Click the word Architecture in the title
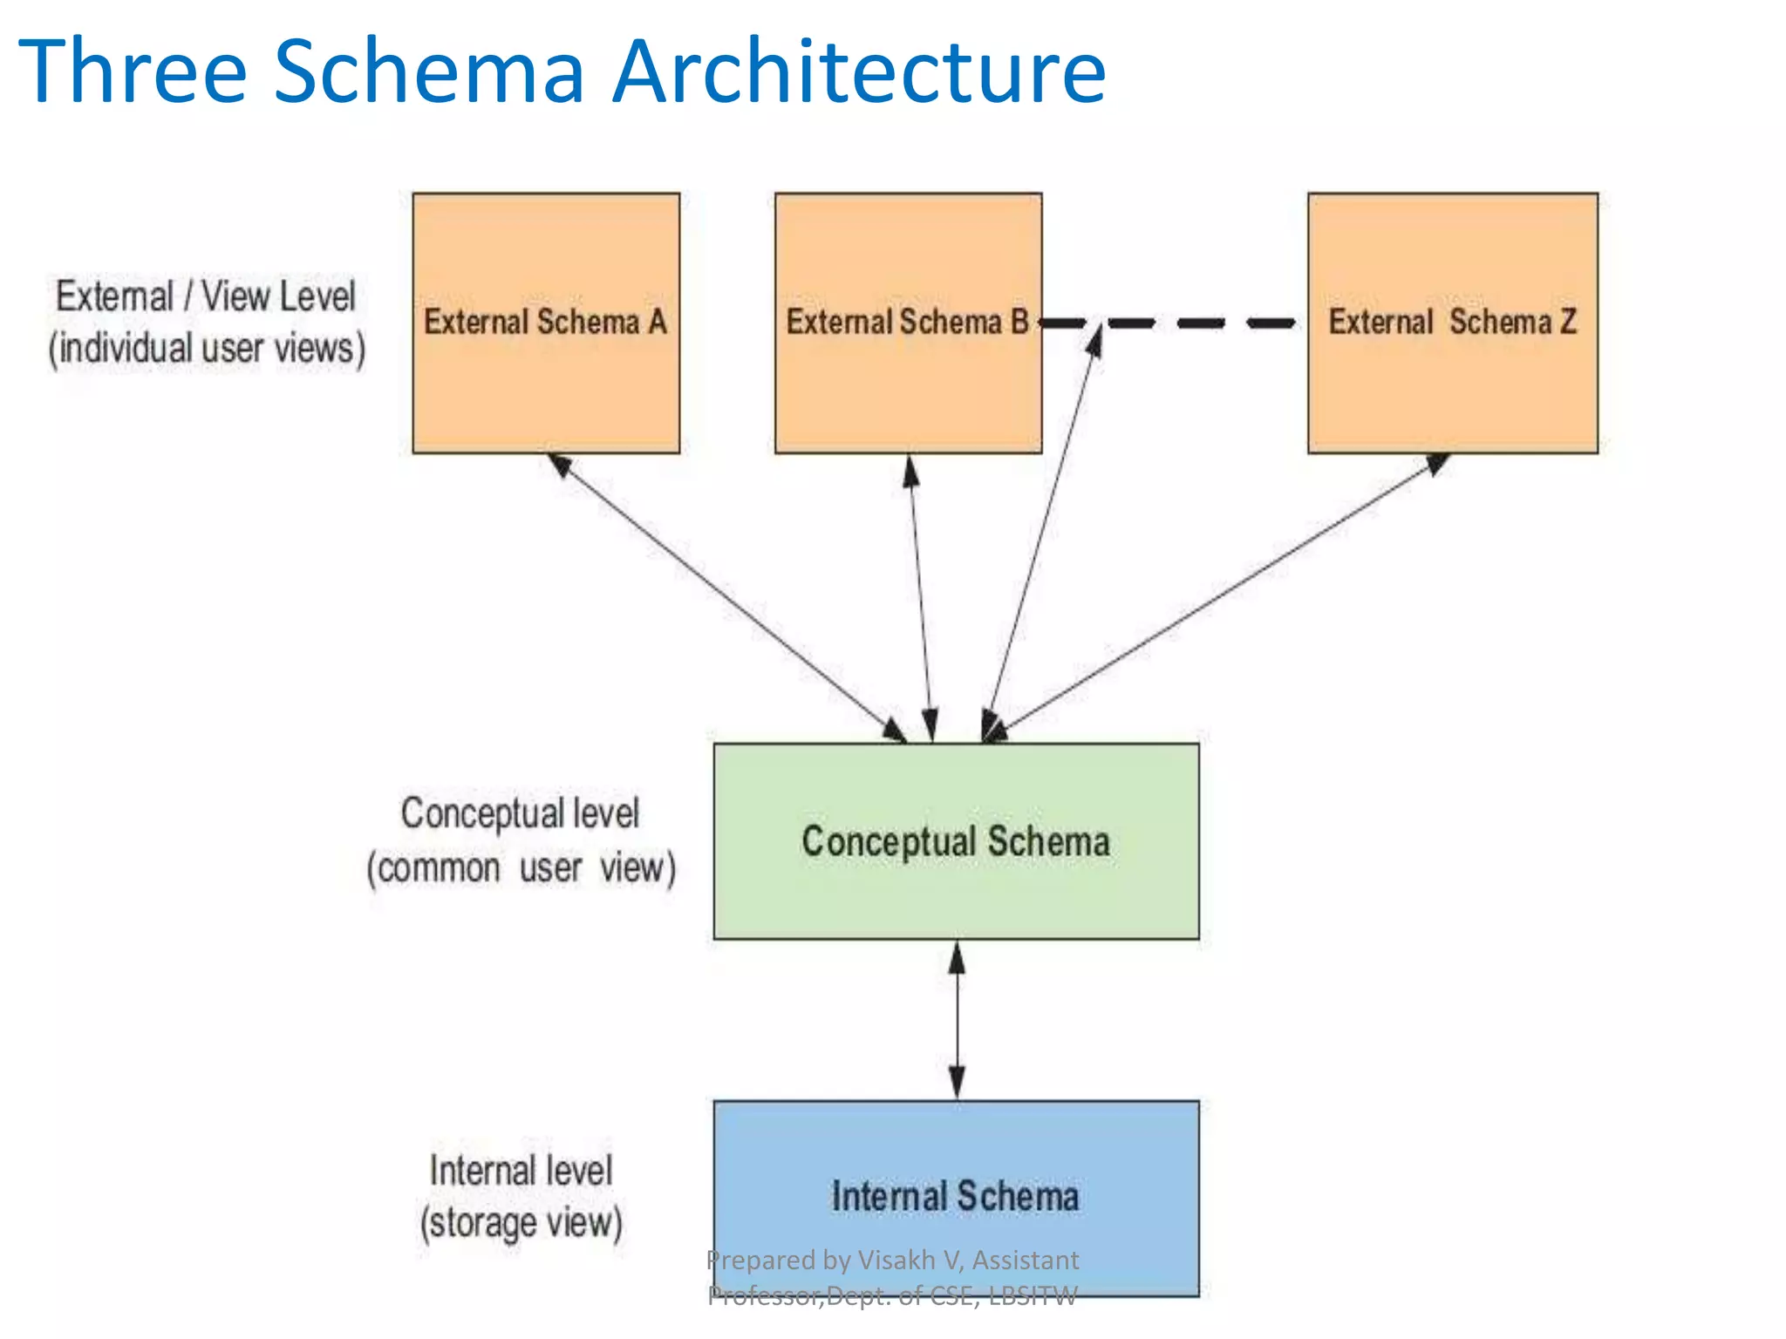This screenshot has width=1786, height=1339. (859, 71)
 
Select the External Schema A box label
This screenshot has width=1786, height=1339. (545, 322)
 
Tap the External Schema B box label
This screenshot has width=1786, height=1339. (907, 322)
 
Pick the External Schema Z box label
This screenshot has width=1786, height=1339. (1452, 322)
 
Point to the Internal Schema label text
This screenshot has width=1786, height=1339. (956, 1196)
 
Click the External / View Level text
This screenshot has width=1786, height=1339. (206, 296)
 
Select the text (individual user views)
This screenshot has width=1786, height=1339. (207, 349)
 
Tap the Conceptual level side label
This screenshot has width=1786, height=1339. (520, 813)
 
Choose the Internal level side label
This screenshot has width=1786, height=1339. (521, 1170)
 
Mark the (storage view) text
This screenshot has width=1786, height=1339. (521, 1222)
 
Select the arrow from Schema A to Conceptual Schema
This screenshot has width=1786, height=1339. (728, 598)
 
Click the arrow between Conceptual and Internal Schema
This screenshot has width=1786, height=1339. (957, 1020)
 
